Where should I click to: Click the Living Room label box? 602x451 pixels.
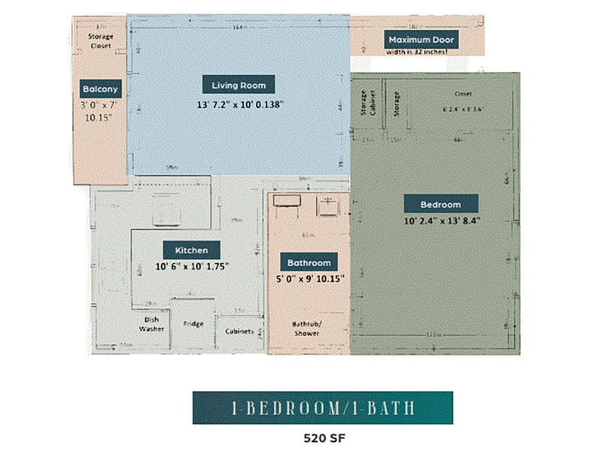(239, 85)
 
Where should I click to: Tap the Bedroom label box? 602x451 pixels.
(440, 204)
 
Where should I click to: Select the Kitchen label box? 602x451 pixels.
(191, 250)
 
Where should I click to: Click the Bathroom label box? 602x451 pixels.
(309, 262)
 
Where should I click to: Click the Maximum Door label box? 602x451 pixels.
(421, 39)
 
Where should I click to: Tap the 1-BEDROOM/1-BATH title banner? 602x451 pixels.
(322, 407)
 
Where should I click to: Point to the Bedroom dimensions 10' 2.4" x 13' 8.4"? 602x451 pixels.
(442, 221)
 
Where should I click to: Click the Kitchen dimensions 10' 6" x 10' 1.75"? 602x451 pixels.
(192, 266)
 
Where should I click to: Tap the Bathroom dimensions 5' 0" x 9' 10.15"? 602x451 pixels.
(310, 279)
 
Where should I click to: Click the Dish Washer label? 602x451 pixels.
(151, 324)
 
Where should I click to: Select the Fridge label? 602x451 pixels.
(193, 324)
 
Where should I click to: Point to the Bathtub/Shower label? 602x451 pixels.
(306, 328)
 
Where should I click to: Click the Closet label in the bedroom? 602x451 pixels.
(462, 94)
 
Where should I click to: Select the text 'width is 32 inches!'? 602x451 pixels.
(416, 52)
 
